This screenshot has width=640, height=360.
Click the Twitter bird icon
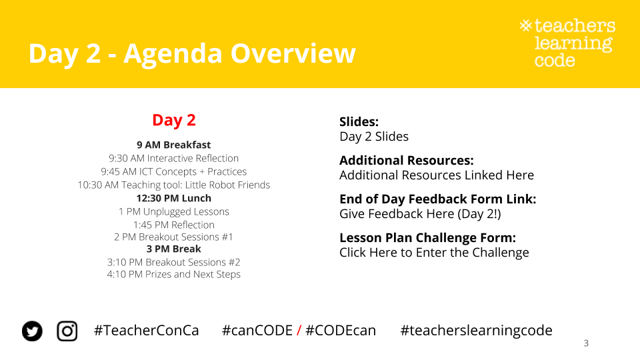[32, 331]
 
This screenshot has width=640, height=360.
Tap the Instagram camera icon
[67, 331]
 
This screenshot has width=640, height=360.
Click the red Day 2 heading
[174, 120]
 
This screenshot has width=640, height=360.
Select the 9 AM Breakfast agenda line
[174, 145]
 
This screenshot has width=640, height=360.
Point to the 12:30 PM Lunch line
[174, 199]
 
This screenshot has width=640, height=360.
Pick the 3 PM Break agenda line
[174, 249]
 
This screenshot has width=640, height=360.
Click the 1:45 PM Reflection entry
[174, 225]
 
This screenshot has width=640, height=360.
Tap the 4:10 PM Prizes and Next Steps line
[174, 274]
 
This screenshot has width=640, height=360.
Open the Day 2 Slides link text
[374, 137]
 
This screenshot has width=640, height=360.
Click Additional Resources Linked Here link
[437, 175]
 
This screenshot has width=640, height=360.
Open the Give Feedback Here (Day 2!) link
[421, 214]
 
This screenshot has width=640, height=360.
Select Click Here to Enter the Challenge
[434, 253]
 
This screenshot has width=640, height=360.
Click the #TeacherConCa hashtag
[147, 331]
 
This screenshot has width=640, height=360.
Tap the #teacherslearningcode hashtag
[476, 331]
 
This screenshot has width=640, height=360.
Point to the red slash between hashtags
[299, 331]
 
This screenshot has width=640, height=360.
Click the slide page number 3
[586, 343]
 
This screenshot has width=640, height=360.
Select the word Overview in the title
[293, 53]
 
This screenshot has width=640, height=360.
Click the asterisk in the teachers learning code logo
[526, 26]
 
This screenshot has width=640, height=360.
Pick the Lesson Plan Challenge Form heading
[428, 238]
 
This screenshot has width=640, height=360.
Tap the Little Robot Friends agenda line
[174, 185]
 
